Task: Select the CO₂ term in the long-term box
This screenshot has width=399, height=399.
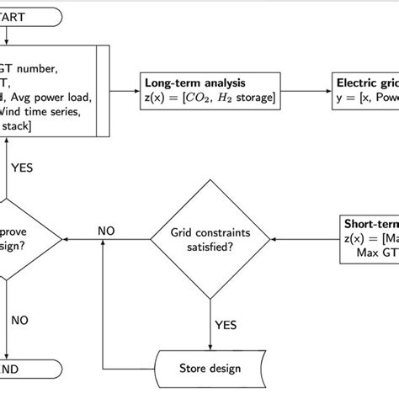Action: [200, 101]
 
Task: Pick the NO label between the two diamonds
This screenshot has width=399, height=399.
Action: [107, 229]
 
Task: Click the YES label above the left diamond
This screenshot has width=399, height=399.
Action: [23, 166]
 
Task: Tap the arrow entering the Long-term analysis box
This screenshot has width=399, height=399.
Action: [132, 93]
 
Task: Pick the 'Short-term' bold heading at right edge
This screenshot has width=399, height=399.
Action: [370, 225]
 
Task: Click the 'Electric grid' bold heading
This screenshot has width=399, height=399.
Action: [367, 83]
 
